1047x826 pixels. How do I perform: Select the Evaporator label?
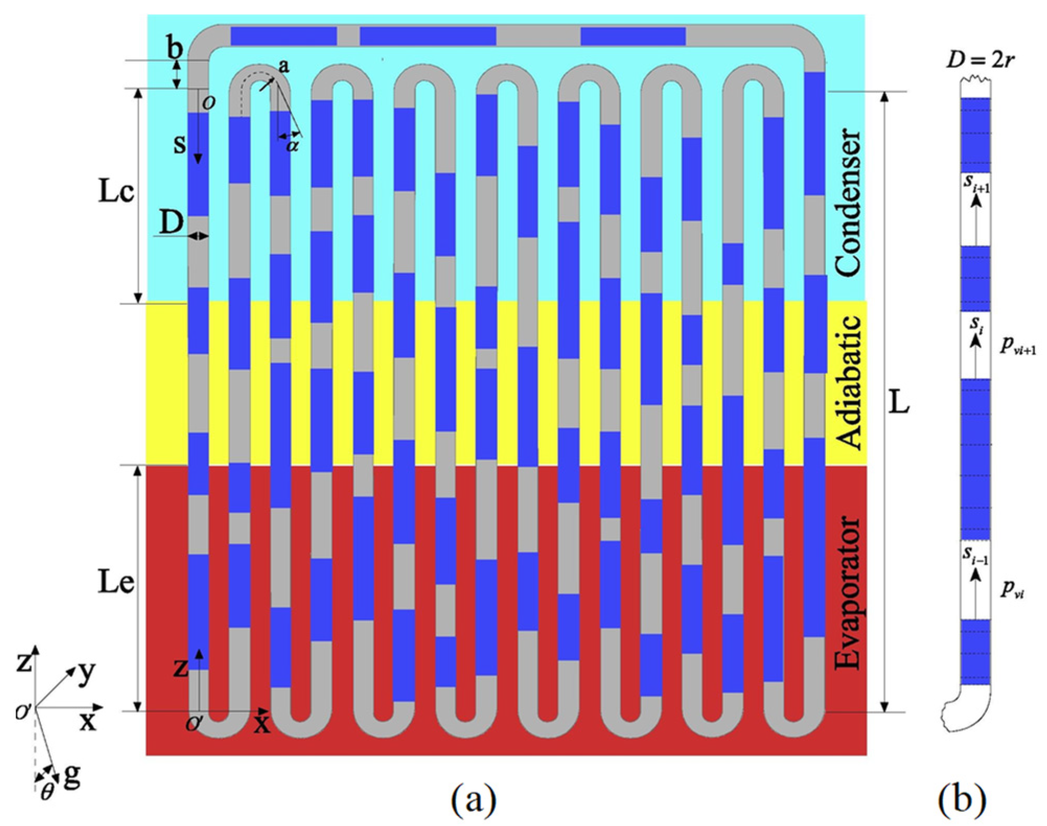pyautogui.click(x=847, y=593)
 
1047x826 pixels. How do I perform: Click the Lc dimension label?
pyautogui.click(x=116, y=193)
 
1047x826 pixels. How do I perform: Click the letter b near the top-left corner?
pyautogui.click(x=174, y=48)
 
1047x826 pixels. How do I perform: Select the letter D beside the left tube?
pyautogui.click(x=171, y=223)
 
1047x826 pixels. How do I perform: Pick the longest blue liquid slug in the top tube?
pyautogui.click(x=427, y=36)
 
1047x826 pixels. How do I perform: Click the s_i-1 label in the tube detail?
pyautogui.click(x=975, y=557)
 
